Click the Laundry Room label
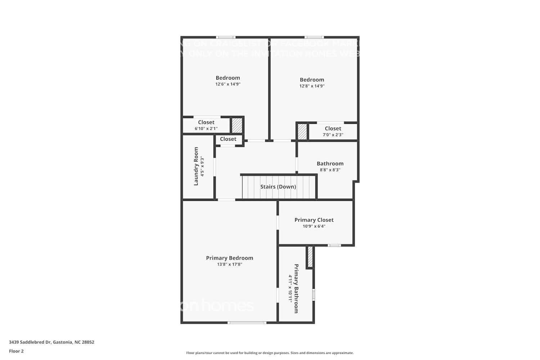196,166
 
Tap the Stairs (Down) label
278,187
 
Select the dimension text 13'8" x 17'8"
229,264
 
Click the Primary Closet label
314,220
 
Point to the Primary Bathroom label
296,288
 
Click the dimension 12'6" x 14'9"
228,84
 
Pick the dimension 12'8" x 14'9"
312,86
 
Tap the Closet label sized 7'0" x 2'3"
333,129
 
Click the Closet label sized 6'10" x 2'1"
206,122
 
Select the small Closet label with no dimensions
228,139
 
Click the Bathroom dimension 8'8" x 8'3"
330,170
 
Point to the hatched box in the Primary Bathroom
310,257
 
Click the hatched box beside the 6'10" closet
237,125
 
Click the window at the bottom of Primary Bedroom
247,323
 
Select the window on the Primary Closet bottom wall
334,246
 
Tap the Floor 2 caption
16,351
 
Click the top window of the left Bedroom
226,37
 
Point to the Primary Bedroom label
229,258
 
